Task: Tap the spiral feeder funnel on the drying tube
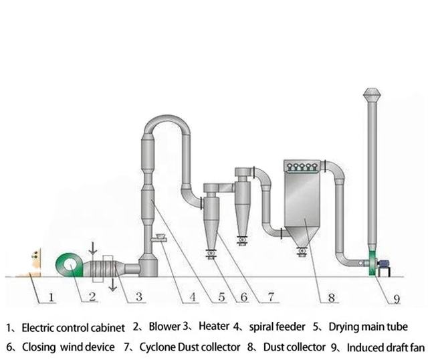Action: [160, 236]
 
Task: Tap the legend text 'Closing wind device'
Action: [63, 347]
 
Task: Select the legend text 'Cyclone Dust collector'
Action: [189, 347]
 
